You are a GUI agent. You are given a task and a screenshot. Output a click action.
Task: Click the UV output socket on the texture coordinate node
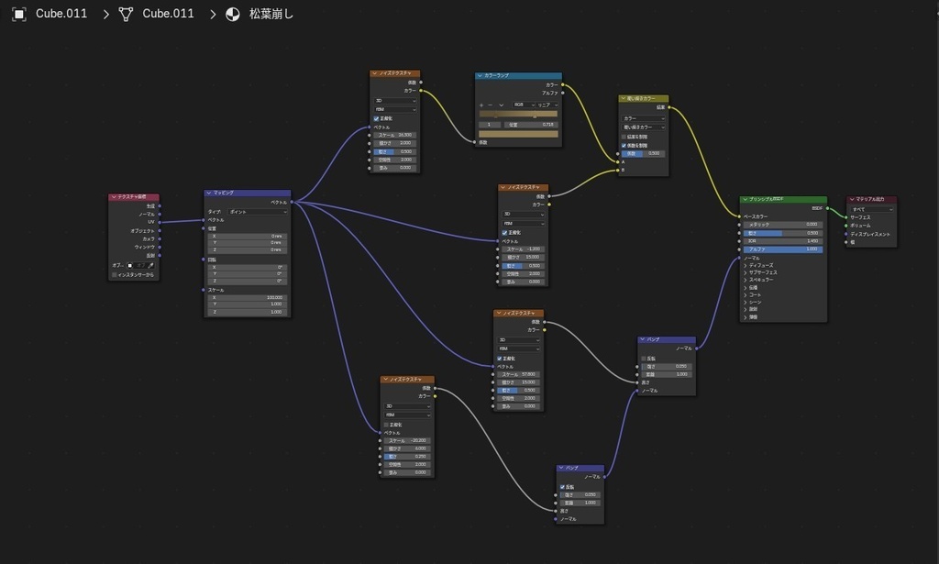(x=160, y=222)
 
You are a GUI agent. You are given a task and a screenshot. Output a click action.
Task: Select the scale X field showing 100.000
(x=248, y=297)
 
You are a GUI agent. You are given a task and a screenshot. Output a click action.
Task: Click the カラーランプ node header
(x=518, y=75)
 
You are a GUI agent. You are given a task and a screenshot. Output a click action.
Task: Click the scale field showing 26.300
(x=395, y=135)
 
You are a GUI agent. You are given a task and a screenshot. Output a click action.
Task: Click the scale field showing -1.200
(x=524, y=249)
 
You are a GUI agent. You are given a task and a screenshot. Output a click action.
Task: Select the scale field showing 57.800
(x=519, y=374)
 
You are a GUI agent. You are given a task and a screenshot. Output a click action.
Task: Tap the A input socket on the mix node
(x=620, y=161)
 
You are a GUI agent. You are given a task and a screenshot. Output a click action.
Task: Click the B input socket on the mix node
(x=620, y=170)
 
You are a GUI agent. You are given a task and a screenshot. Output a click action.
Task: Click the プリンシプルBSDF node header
(x=783, y=200)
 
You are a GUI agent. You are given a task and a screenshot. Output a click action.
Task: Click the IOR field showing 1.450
(x=783, y=240)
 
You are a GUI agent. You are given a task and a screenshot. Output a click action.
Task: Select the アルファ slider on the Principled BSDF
(x=783, y=249)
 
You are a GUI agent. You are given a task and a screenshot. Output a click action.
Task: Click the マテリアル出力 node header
(x=871, y=199)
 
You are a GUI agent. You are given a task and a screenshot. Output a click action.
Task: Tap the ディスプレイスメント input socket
(x=846, y=234)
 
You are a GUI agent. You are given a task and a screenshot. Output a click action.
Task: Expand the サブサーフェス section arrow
(x=746, y=272)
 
